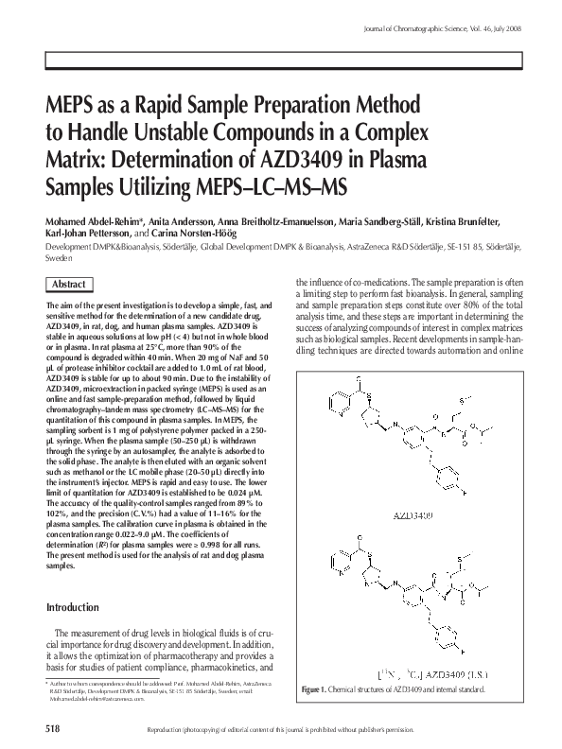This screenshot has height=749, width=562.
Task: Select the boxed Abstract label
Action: coord(70,285)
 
